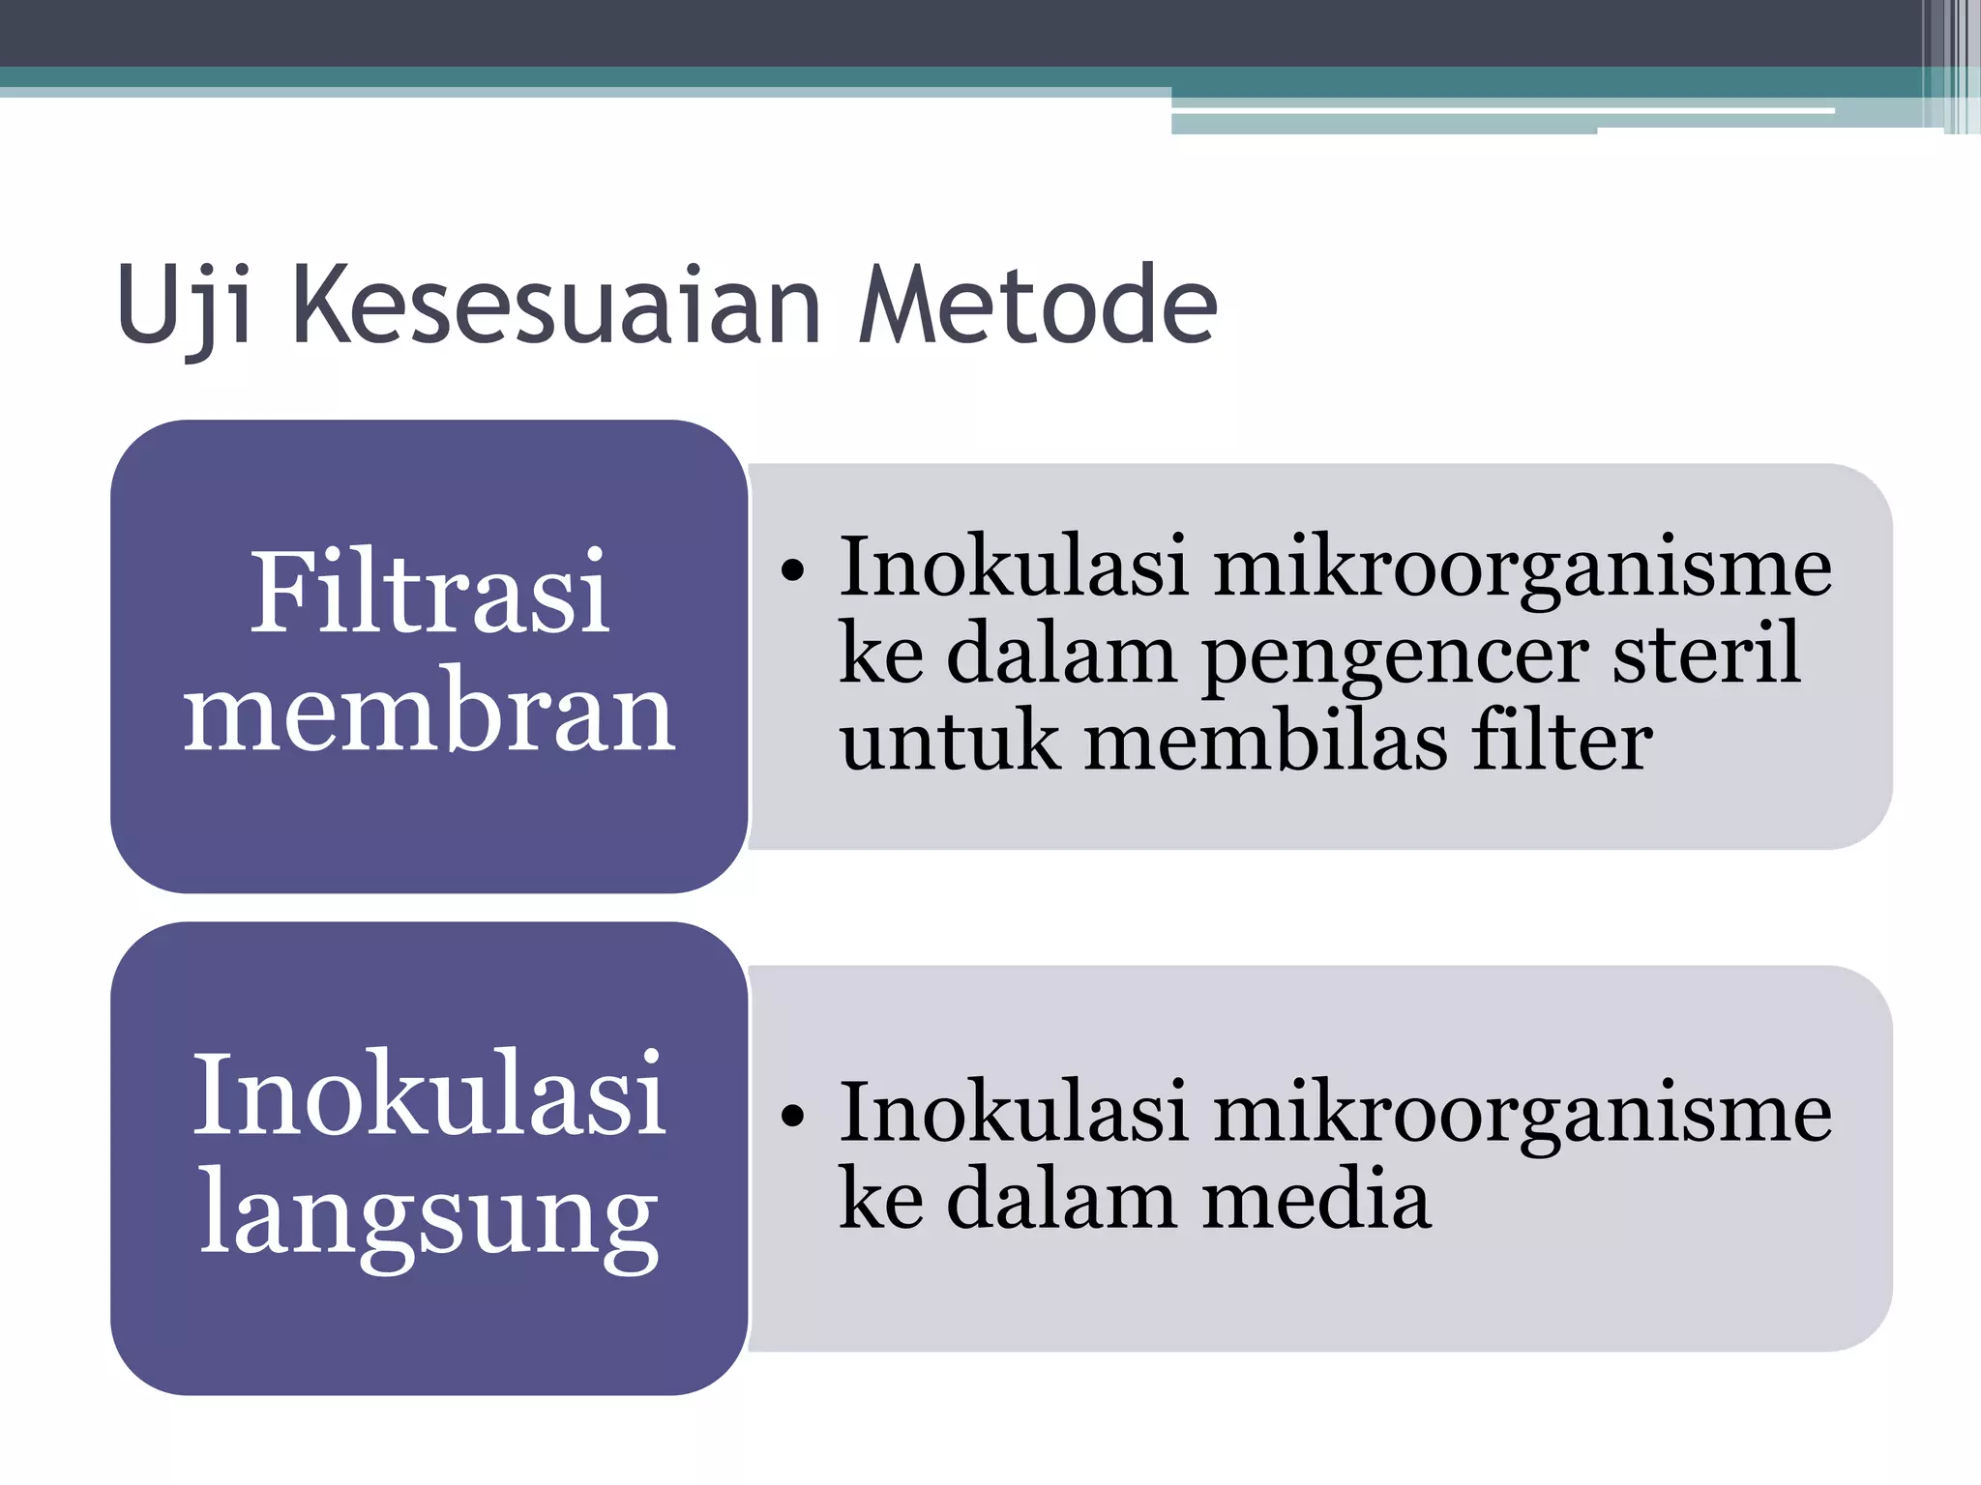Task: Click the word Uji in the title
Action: (x=184, y=307)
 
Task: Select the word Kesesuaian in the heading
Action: (x=556, y=307)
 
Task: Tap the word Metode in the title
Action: (x=1037, y=307)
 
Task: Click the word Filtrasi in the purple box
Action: (x=429, y=592)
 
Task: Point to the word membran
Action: (x=429, y=713)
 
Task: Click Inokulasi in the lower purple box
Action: (x=429, y=1094)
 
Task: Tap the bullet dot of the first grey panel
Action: (x=792, y=571)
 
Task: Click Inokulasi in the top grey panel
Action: (x=1013, y=567)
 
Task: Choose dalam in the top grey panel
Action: (x=1061, y=655)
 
